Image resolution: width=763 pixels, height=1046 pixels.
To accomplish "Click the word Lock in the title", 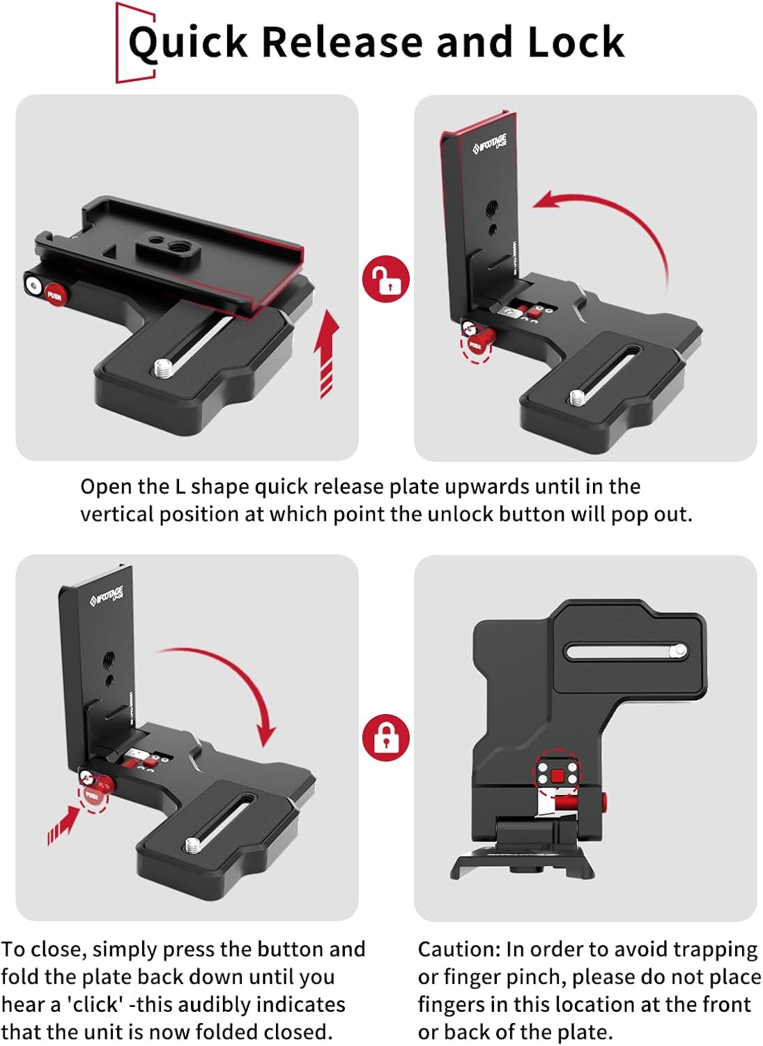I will [576, 42].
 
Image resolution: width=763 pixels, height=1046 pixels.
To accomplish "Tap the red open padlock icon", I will [385, 279].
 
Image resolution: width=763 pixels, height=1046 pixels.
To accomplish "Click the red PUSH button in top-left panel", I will [54, 294].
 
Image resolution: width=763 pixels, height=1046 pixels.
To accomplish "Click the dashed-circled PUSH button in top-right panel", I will [476, 344].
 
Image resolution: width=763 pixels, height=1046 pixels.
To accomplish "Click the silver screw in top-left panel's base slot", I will [163, 365].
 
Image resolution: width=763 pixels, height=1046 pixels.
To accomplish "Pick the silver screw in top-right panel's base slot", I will [578, 398].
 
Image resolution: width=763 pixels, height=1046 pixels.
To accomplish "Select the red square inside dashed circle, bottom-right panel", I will [557, 775].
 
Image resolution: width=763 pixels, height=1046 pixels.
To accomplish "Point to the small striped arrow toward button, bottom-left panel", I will [62, 824].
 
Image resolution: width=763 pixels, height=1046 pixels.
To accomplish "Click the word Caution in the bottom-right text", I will [458, 950].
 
